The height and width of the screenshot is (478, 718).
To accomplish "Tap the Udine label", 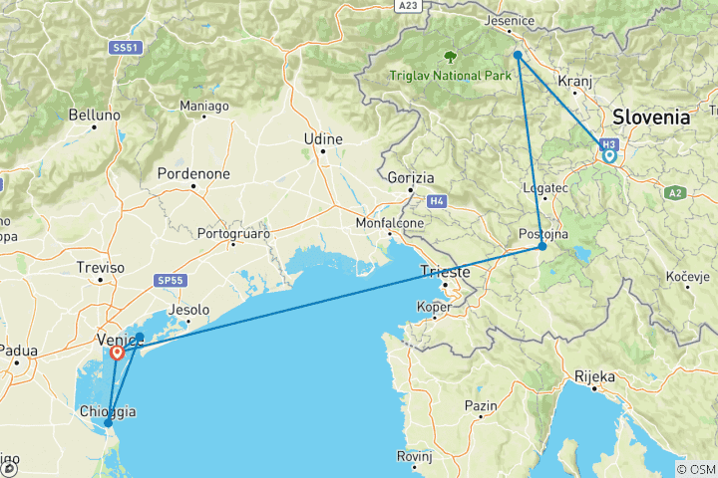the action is click(322, 140).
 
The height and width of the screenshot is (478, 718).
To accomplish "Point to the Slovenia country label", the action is click(650, 118).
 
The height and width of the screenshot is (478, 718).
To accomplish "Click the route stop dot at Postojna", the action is click(542, 246).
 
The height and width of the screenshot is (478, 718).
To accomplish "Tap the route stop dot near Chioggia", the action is click(108, 423).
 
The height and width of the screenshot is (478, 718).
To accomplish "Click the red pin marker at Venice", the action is click(118, 352).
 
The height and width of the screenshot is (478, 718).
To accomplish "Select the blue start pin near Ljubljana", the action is click(608, 156).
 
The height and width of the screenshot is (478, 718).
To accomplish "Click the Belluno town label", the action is click(95, 116).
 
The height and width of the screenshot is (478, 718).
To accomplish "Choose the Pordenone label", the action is click(193, 174).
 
